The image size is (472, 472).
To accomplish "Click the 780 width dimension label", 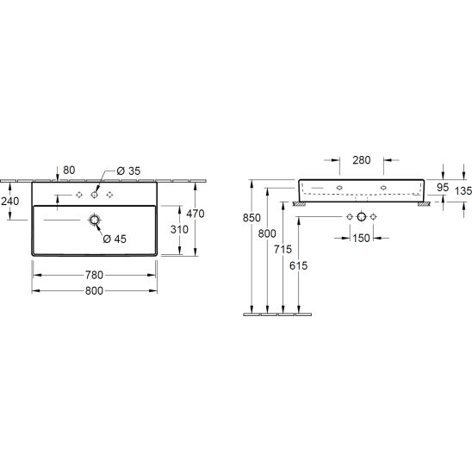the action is coord(94,275).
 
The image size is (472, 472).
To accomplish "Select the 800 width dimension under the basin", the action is coord(94,290).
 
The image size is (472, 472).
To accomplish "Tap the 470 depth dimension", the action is coord(196,214).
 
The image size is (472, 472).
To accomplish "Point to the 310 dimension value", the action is coord(179,229).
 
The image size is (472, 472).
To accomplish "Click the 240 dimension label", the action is coord(10,201).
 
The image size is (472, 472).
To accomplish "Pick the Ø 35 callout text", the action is coord(128,171).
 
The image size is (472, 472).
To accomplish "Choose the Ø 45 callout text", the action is coord(115,239).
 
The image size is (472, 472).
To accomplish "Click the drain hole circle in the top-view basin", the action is coord(95,220).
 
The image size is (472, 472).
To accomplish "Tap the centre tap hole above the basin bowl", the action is coord(95,195).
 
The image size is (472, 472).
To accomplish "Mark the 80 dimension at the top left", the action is coord(69,170).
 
